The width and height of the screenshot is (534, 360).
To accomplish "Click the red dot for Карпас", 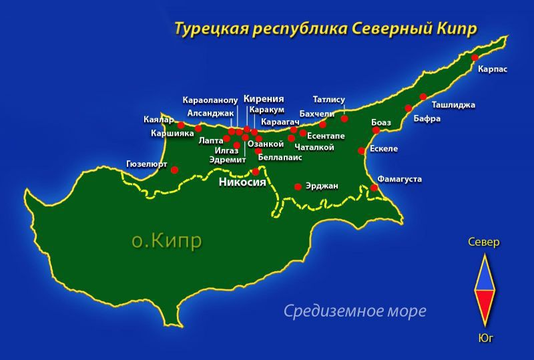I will (x=475, y=58).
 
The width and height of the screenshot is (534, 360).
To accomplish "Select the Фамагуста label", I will (x=399, y=179).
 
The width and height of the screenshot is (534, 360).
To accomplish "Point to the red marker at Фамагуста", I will (x=374, y=188).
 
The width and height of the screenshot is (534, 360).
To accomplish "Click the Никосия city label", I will (x=243, y=182).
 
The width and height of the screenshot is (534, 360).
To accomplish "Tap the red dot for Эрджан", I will (x=298, y=186).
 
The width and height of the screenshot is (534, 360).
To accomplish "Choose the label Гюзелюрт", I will (x=146, y=163).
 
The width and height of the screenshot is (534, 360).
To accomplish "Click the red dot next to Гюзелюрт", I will (x=175, y=170).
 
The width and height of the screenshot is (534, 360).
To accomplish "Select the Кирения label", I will (x=264, y=98).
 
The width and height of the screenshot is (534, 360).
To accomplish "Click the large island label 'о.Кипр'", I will (x=166, y=240).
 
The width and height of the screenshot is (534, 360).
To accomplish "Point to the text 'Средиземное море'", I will (x=354, y=311).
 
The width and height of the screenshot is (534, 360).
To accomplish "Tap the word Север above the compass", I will (x=483, y=242).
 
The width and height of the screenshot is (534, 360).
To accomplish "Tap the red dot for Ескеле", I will (x=362, y=151).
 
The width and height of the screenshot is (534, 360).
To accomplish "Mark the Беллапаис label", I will (x=280, y=157).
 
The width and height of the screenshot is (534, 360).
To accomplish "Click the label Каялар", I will (x=158, y=120).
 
